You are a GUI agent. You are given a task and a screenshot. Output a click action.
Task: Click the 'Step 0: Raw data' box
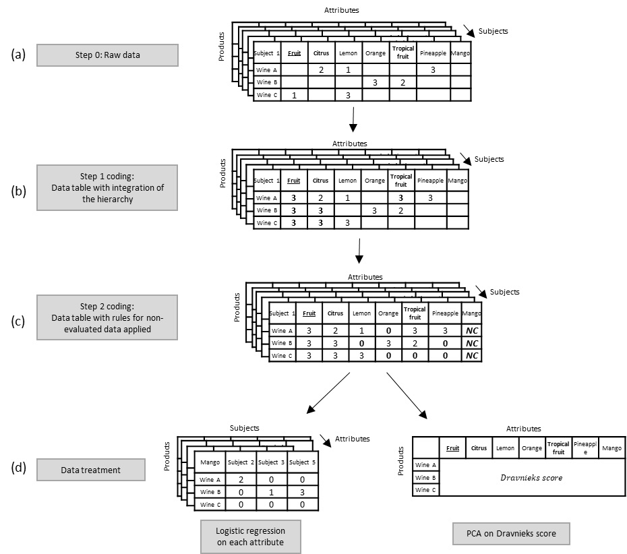coord(107,55)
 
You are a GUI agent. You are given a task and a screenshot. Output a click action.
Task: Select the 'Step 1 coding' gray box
coord(107,187)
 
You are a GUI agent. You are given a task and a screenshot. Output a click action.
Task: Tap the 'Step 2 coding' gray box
coord(107,317)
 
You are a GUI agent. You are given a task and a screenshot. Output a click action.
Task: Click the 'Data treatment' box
coord(90,470)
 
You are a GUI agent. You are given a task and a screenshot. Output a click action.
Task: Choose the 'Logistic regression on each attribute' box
coord(250,537)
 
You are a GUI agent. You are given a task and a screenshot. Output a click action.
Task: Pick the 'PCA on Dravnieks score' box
coord(511,533)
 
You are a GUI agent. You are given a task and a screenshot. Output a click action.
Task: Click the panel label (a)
coord(18,55)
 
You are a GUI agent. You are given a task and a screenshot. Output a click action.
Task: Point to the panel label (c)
coord(18,321)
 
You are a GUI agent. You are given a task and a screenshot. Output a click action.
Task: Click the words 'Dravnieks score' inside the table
coord(531,478)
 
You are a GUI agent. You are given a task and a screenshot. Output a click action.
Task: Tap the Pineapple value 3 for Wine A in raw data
coord(434,69)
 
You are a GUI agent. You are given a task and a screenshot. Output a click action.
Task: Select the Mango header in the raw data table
coord(460,53)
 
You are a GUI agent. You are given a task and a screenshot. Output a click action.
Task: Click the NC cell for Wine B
coord(471,343)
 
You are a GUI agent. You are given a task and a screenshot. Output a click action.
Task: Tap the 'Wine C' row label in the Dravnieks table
coord(425,490)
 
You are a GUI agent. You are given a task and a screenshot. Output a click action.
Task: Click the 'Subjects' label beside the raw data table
coord(493,31)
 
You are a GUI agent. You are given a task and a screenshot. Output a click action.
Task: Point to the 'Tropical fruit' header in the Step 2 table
coord(415,313)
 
